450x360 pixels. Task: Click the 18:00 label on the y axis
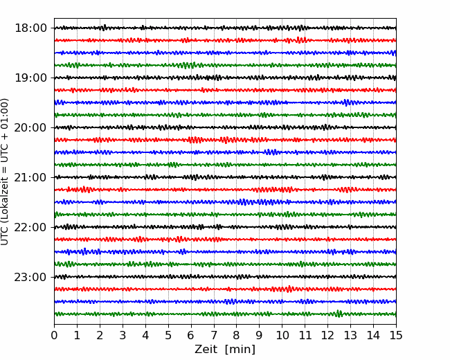[30, 28]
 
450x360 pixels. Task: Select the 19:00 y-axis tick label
[30, 78]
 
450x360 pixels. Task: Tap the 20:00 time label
[30, 127]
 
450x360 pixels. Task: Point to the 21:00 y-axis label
[30, 177]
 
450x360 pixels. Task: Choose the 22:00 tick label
[30, 227]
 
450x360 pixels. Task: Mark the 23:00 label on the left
[30, 277]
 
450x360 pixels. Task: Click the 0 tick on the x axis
[54, 335]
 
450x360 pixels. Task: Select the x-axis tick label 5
[168, 335]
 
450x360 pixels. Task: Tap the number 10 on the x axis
[282, 335]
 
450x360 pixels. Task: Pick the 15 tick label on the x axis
[396, 335]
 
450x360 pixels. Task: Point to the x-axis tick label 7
[214, 335]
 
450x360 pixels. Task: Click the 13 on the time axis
[350, 335]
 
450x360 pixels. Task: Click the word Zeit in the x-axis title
[206, 349]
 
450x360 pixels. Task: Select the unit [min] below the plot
[240, 350]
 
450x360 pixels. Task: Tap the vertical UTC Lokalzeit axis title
[5, 172]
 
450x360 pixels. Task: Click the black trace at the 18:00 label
[225, 28]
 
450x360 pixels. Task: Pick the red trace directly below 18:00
[225, 40]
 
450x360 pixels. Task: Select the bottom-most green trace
[225, 314]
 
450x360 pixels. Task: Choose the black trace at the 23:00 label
[225, 277]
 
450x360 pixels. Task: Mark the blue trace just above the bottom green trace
[225, 301]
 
